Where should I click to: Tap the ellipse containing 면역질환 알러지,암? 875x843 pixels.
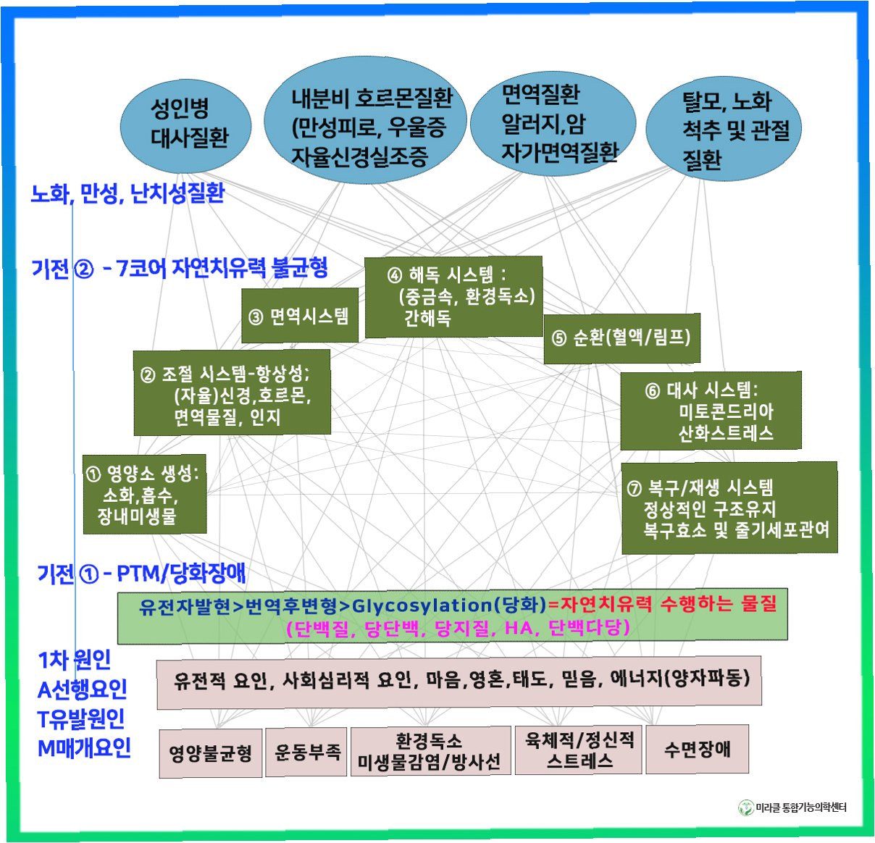pos(553,123)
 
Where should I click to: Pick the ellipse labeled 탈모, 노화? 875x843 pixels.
pos(724,130)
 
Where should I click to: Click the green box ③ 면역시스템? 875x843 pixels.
pos(299,316)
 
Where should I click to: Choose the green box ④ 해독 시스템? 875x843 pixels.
pos(453,297)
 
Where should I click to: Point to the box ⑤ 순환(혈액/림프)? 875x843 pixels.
pos(621,338)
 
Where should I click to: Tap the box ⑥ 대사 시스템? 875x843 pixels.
pos(711,411)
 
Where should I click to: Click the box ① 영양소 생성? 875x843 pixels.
pos(144,495)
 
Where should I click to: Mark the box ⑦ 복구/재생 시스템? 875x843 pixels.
pos(729,508)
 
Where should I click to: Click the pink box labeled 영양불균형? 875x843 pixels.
pos(210,753)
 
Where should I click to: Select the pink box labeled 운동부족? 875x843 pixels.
pos(306,752)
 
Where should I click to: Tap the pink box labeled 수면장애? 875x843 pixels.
pos(696,749)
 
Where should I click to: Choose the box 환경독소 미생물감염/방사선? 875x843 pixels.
pos(429,752)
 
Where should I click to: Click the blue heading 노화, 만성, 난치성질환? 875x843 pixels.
pos(127,193)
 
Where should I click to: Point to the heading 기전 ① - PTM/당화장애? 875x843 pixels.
pos(141,574)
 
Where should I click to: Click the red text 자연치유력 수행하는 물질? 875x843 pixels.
pos(668,604)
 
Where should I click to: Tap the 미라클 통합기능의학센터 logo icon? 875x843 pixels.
pos(745,808)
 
